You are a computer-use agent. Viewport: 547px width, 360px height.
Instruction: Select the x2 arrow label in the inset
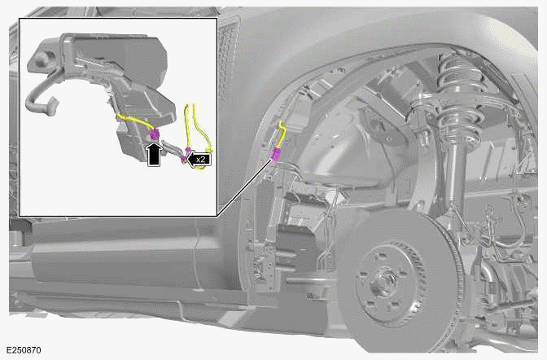199,160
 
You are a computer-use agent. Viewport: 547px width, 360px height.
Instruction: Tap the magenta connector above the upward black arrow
155,133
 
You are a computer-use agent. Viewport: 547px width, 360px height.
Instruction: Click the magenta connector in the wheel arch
277,155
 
